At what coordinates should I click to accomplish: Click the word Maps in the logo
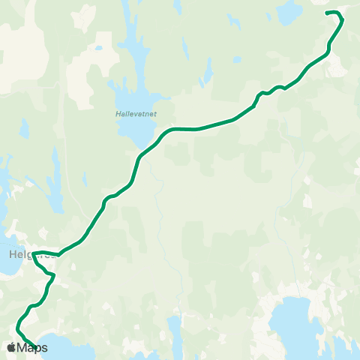(x=33, y=347)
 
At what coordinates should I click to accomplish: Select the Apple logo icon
(x=11, y=347)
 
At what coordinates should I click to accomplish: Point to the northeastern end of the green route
(x=325, y=13)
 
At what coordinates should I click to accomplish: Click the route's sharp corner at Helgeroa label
(x=34, y=253)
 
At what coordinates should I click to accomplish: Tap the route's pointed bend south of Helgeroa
(x=54, y=275)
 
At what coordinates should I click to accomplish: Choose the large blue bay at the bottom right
(x=300, y=322)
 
